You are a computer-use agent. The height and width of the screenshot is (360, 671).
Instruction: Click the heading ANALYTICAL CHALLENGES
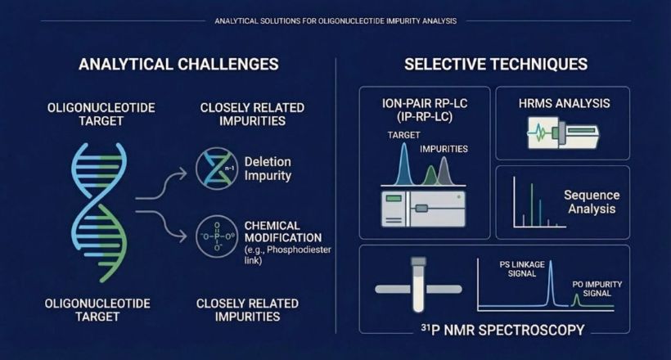coord(178,64)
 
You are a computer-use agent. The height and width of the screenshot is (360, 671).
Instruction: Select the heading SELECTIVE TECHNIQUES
coord(496,64)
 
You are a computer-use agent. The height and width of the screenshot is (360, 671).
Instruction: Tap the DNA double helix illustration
coord(99,212)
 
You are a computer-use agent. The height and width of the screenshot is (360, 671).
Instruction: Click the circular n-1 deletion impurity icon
coord(217,169)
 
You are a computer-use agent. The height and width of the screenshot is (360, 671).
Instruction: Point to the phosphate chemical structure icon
coord(217,236)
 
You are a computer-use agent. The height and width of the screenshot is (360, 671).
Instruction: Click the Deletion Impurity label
coord(268,169)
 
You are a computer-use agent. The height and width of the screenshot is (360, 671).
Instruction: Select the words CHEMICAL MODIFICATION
coord(283,232)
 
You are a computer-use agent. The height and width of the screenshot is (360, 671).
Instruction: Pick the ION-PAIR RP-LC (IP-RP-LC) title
coord(425,110)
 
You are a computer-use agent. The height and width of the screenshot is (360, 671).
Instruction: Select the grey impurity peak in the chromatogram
coord(444,172)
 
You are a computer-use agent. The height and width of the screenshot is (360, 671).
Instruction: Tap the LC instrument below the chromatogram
coord(423,209)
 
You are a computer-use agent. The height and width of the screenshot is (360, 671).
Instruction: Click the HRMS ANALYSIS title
coord(564,103)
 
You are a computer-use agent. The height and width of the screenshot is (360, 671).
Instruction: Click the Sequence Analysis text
coord(592,201)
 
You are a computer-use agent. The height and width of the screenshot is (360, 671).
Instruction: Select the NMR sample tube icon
coord(418,285)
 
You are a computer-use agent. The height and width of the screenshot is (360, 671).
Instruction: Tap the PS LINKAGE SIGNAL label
coord(522,269)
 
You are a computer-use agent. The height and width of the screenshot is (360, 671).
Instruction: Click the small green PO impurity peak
coord(576,300)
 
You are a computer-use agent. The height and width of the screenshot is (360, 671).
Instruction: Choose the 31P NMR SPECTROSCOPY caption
coord(502,330)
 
